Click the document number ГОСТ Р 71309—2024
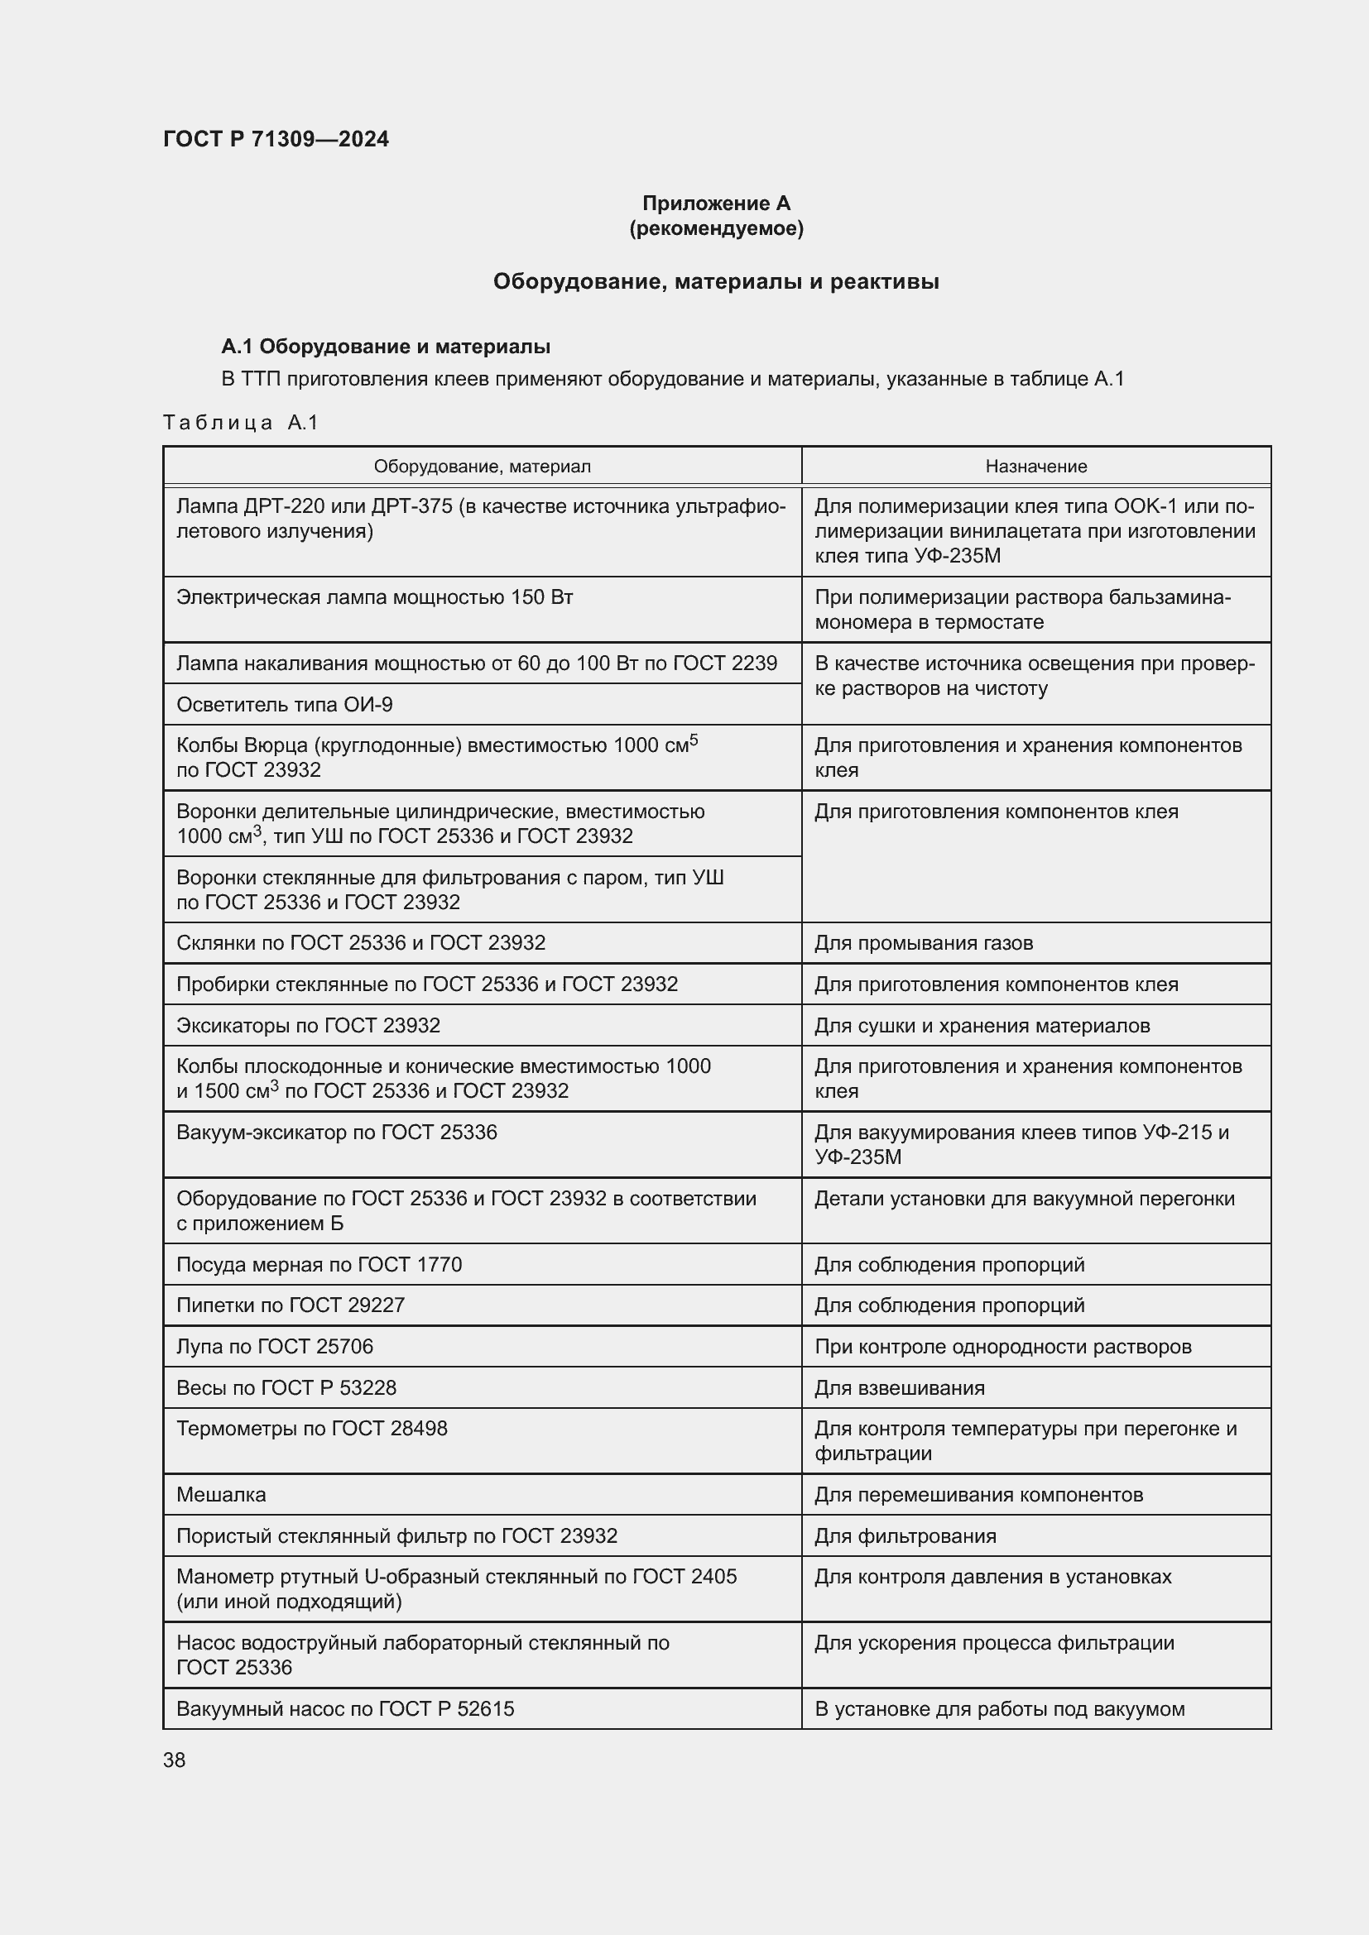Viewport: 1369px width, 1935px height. click(x=276, y=139)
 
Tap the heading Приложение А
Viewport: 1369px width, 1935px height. click(x=716, y=204)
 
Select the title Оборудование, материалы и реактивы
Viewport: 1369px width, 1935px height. click(x=716, y=281)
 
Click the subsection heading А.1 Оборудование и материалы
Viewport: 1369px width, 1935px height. click(x=385, y=347)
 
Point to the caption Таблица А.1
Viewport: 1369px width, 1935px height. click(x=240, y=422)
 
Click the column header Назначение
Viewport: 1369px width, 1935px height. click(x=1036, y=466)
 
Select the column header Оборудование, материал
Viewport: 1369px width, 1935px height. click(x=483, y=466)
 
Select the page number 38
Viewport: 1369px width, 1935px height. click(x=175, y=1760)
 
